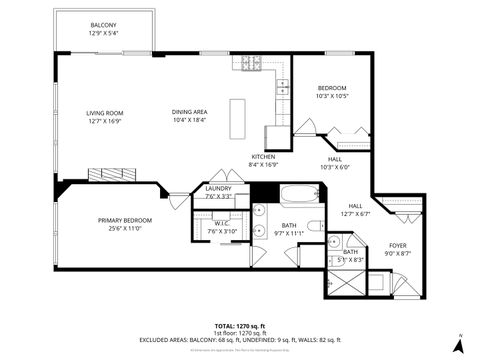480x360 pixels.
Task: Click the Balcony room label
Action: point(103,29)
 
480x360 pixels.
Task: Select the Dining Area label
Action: point(188,117)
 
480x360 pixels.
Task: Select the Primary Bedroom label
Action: point(125,225)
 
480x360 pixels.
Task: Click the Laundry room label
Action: point(218,193)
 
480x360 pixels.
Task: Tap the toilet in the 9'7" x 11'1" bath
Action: point(313,227)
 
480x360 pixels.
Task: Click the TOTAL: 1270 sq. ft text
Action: point(239,326)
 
